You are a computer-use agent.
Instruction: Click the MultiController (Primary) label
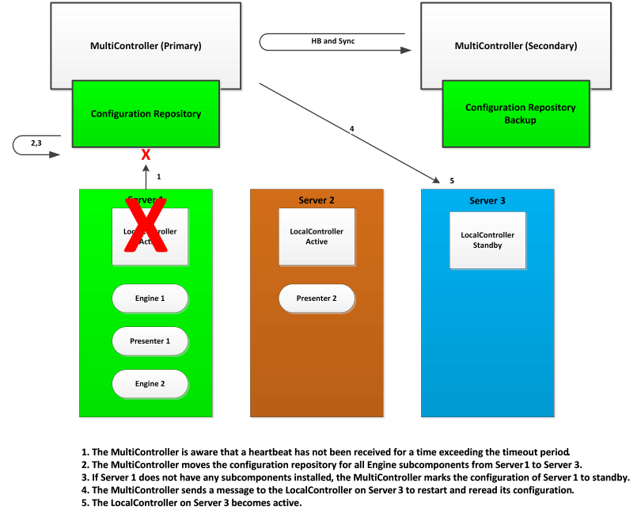click(146, 46)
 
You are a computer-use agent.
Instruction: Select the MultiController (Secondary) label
click(515, 46)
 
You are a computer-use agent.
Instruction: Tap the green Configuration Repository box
click(146, 113)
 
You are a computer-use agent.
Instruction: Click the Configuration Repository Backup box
click(520, 113)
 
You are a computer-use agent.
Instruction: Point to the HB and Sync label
click(332, 40)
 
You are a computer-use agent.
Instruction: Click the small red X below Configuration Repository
click(146, 155)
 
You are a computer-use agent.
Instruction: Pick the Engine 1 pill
click(150, 298)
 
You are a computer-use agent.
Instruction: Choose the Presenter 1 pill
click(150, 341)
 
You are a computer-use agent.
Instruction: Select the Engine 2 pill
click(150, 383)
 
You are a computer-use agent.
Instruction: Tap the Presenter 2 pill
click(317, 298)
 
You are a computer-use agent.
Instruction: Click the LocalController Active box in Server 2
click(317, 237)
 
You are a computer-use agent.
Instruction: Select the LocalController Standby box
click(487, 240)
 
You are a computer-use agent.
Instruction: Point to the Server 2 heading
click(317, 200)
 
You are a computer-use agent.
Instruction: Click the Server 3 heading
click(487, 200)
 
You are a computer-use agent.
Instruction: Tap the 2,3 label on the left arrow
click(36, 143)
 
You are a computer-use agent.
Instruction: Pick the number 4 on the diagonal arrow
click(352, 128)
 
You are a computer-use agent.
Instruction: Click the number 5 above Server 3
click(452, 181)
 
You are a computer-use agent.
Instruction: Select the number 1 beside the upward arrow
click(159, 177)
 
